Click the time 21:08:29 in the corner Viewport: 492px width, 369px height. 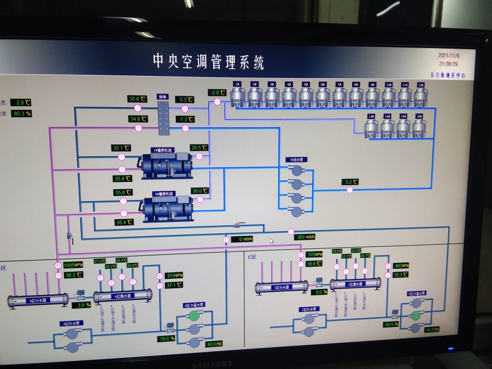point(448,63)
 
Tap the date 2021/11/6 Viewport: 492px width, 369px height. point(449,55)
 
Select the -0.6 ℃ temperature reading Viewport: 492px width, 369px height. point(217,92)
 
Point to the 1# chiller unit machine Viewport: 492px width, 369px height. point(167,162)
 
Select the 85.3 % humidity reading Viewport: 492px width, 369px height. point(22,113)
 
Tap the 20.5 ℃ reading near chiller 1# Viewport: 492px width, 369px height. point(199,148)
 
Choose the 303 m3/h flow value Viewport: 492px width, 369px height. point(305,237)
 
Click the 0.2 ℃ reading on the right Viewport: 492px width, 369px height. point(350,182)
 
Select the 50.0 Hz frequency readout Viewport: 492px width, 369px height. point(431,330)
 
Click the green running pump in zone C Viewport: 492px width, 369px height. point(417,315)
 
